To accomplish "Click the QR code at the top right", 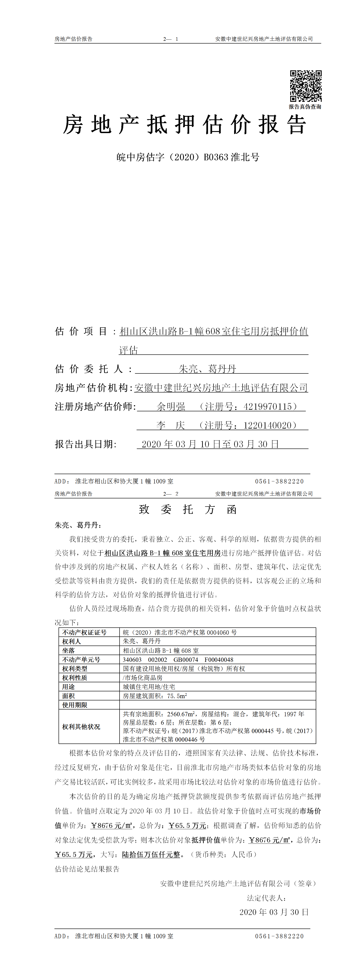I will [306, 86].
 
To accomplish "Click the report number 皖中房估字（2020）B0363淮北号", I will [188, 157].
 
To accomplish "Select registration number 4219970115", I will [268, 407].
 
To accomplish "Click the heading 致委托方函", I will [188, 509].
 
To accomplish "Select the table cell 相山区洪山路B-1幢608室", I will [161, 651].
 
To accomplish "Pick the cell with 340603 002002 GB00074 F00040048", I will [178, 660].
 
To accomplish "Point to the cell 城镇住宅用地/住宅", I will [149, 687].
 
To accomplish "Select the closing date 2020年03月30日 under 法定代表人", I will [274, 912].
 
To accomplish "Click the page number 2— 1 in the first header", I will [171, 39].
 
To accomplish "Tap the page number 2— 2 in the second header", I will [171, 494].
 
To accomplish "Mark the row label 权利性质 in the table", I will [75, 678].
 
